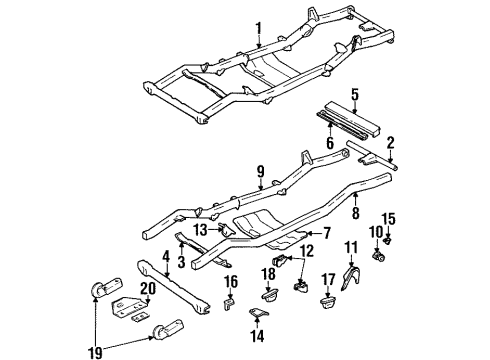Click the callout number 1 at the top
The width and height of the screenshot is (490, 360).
257,27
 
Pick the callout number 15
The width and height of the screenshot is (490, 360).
418,246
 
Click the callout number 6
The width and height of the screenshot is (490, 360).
328,143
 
